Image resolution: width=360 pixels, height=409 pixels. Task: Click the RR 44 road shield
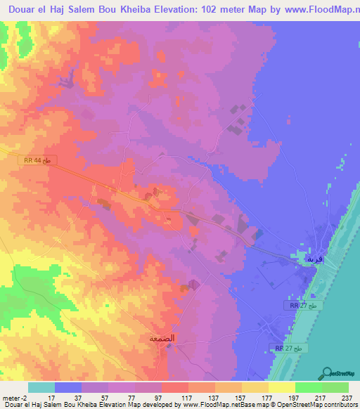[38, 160]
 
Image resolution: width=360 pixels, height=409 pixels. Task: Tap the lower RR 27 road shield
[289, 347]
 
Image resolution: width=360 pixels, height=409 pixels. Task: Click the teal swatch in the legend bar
[41, 387]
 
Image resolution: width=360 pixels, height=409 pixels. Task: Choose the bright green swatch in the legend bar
[308, 387]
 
